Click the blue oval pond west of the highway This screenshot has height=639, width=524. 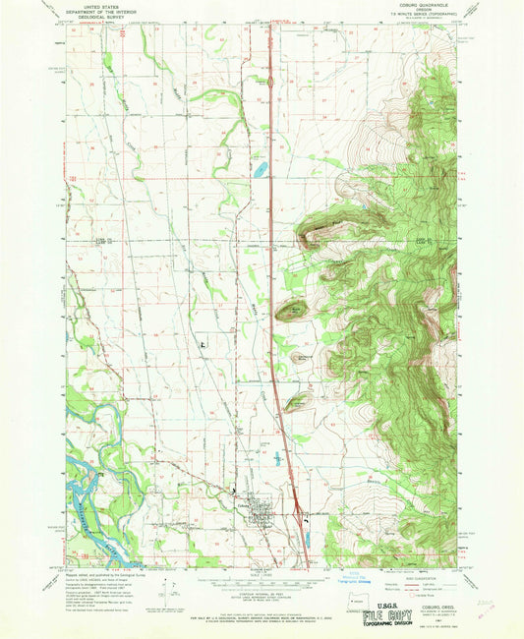(259, 170)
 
